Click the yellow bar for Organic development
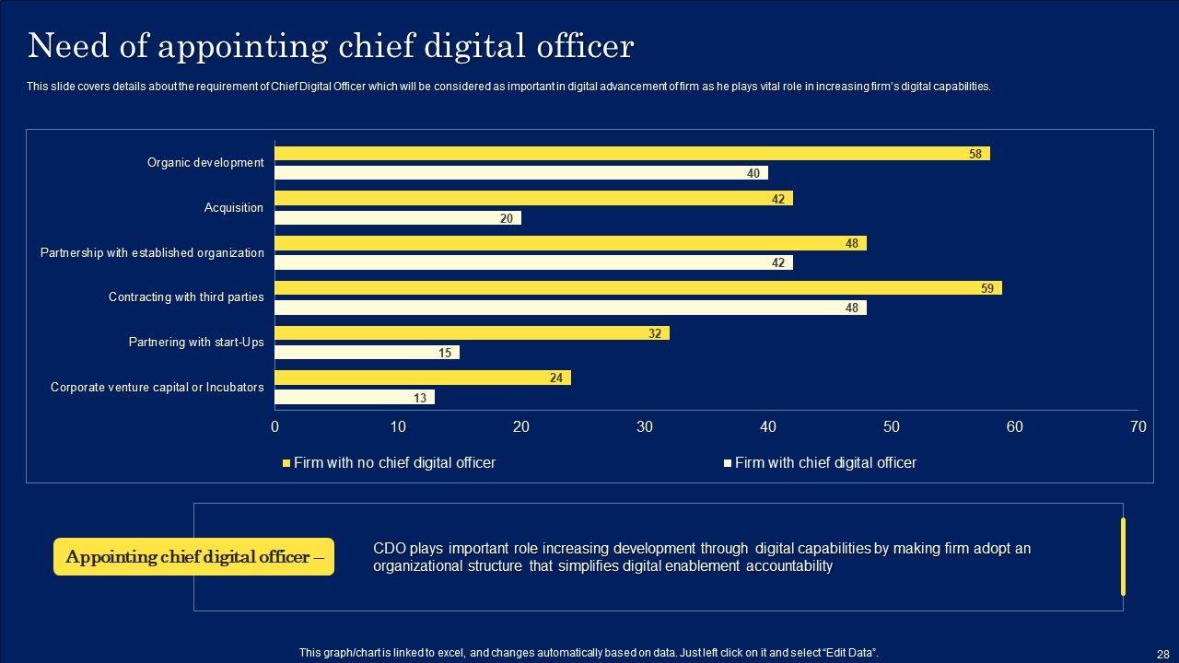point(632,154)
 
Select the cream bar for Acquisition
point(398,218)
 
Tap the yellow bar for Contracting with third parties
point(638,288)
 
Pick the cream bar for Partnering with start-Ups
point(367,353)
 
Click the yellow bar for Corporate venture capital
point(423,378)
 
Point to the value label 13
point(421,398)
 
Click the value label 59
point(987,288)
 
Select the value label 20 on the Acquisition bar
point(507,218)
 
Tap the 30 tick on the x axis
point(645,426)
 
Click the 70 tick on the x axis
point(1138,426)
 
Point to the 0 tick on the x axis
point(275,426)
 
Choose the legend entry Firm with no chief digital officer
point(393,463)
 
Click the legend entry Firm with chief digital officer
point(824,463)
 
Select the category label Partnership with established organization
point(152,252)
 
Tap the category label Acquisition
point(233,208)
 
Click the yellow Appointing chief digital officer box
point(193,557)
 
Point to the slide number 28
point(1162,654)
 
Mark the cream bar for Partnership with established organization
point(533,263)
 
